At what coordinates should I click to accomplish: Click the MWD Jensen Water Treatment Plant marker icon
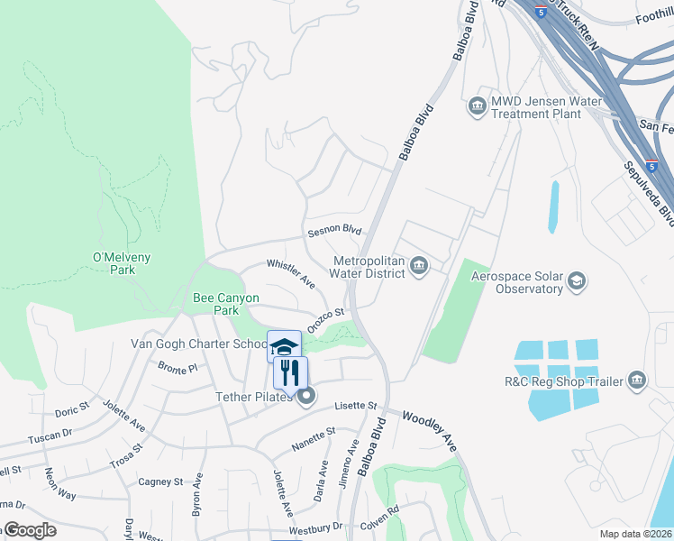click(477, 108)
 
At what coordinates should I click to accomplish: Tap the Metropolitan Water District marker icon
click(419, 266)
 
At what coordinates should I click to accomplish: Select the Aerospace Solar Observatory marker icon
click(577, 282)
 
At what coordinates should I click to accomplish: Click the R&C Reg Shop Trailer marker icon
click(638, 381)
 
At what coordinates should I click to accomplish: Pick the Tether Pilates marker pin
click(307, 396)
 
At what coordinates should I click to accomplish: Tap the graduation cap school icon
click(284, 347)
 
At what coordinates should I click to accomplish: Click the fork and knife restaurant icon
click(290, 372)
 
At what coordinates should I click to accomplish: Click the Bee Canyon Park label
click(226, 304)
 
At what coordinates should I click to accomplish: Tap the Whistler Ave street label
click(290, 273)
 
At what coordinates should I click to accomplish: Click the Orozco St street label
click(326, 321)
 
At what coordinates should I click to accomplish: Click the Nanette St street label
click(313, 439)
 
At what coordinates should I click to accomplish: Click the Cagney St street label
click(160, 481)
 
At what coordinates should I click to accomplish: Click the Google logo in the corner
click(31, 530)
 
